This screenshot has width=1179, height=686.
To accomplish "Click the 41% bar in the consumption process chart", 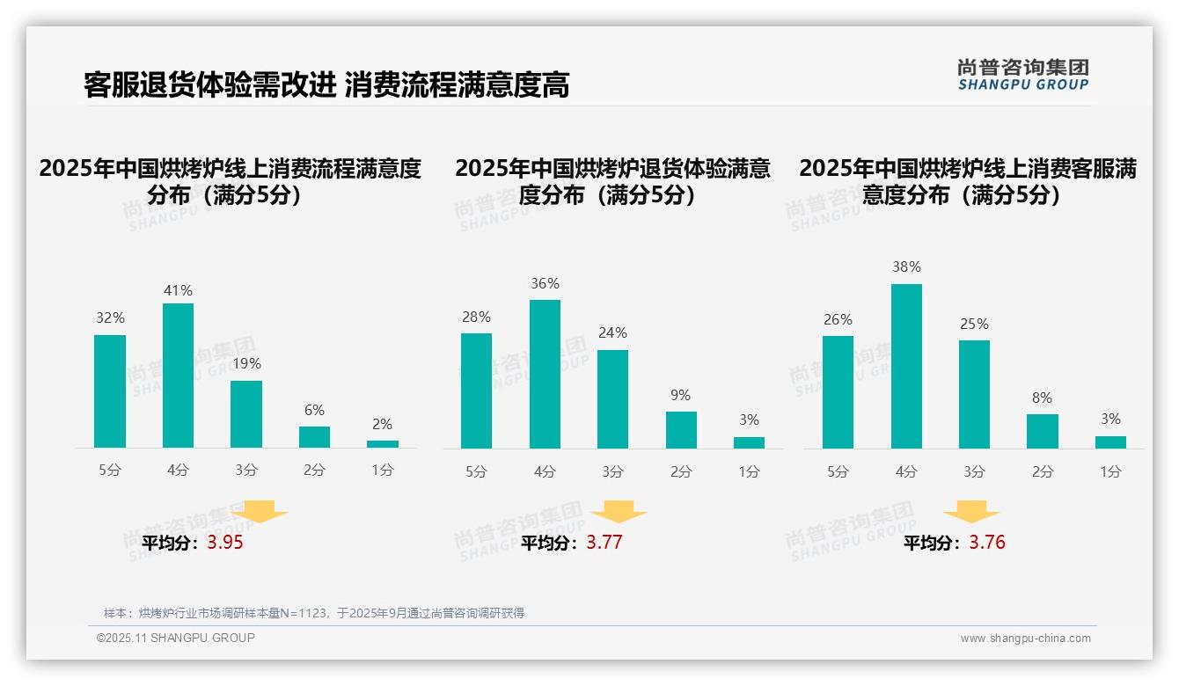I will click(178, 376).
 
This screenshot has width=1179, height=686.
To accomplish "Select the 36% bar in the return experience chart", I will click(545, 374).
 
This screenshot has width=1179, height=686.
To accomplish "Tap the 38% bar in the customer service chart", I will click(906, 366).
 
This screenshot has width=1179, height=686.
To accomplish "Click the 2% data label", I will click(382, 424).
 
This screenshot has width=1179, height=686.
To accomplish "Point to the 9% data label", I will click(680, 396).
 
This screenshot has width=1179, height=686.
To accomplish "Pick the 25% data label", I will click(974, 324).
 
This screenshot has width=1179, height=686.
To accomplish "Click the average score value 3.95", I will click(225, 543).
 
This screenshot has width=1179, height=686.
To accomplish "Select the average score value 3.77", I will click(604, 543).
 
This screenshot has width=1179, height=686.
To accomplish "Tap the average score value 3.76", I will click(987, 543).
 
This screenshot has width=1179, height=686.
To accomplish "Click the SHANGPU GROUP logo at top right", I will click(1022, 75).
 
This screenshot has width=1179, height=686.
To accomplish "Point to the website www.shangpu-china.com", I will click(1025, 639).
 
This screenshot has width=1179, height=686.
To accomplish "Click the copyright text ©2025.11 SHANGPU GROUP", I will click(176, 638).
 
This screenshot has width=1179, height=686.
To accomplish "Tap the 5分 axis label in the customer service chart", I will click(838, 471).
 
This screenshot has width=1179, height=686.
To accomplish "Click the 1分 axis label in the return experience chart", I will click(749, 471).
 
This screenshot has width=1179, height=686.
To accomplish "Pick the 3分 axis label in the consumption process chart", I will click(246, 470).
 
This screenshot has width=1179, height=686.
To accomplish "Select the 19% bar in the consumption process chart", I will click(246, 414).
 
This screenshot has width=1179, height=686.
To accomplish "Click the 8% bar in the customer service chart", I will click(1043, 431).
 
